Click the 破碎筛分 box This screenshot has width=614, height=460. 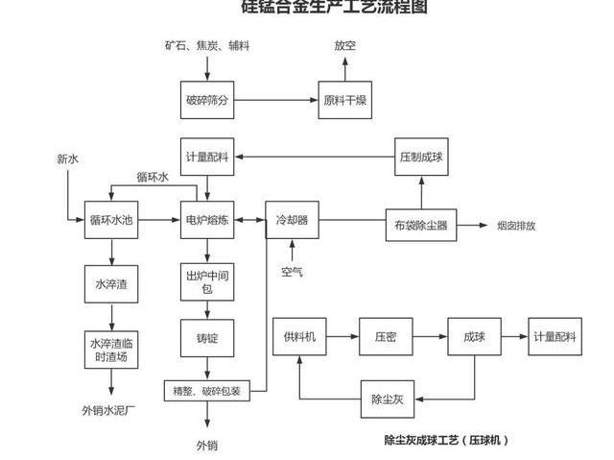click(x=207, y=99)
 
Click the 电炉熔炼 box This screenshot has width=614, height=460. click(x=207, y=220)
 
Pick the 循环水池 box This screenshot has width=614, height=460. click(x=110, y=220)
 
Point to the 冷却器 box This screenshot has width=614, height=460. click(x=292, y=220)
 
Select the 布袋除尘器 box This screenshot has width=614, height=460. click(x=421, y=226)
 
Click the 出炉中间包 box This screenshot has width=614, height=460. click(x=207, y=281)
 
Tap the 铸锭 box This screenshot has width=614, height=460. click(x=207, y=338)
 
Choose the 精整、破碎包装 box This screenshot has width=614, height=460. click(x=207, y=391)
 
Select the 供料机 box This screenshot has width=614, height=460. click(x=300, y=337)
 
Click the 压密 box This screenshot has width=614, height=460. click(x=387, y=337)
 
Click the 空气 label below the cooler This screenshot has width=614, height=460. click(x=292, y=272)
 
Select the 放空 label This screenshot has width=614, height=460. click(x=344, y=45)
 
